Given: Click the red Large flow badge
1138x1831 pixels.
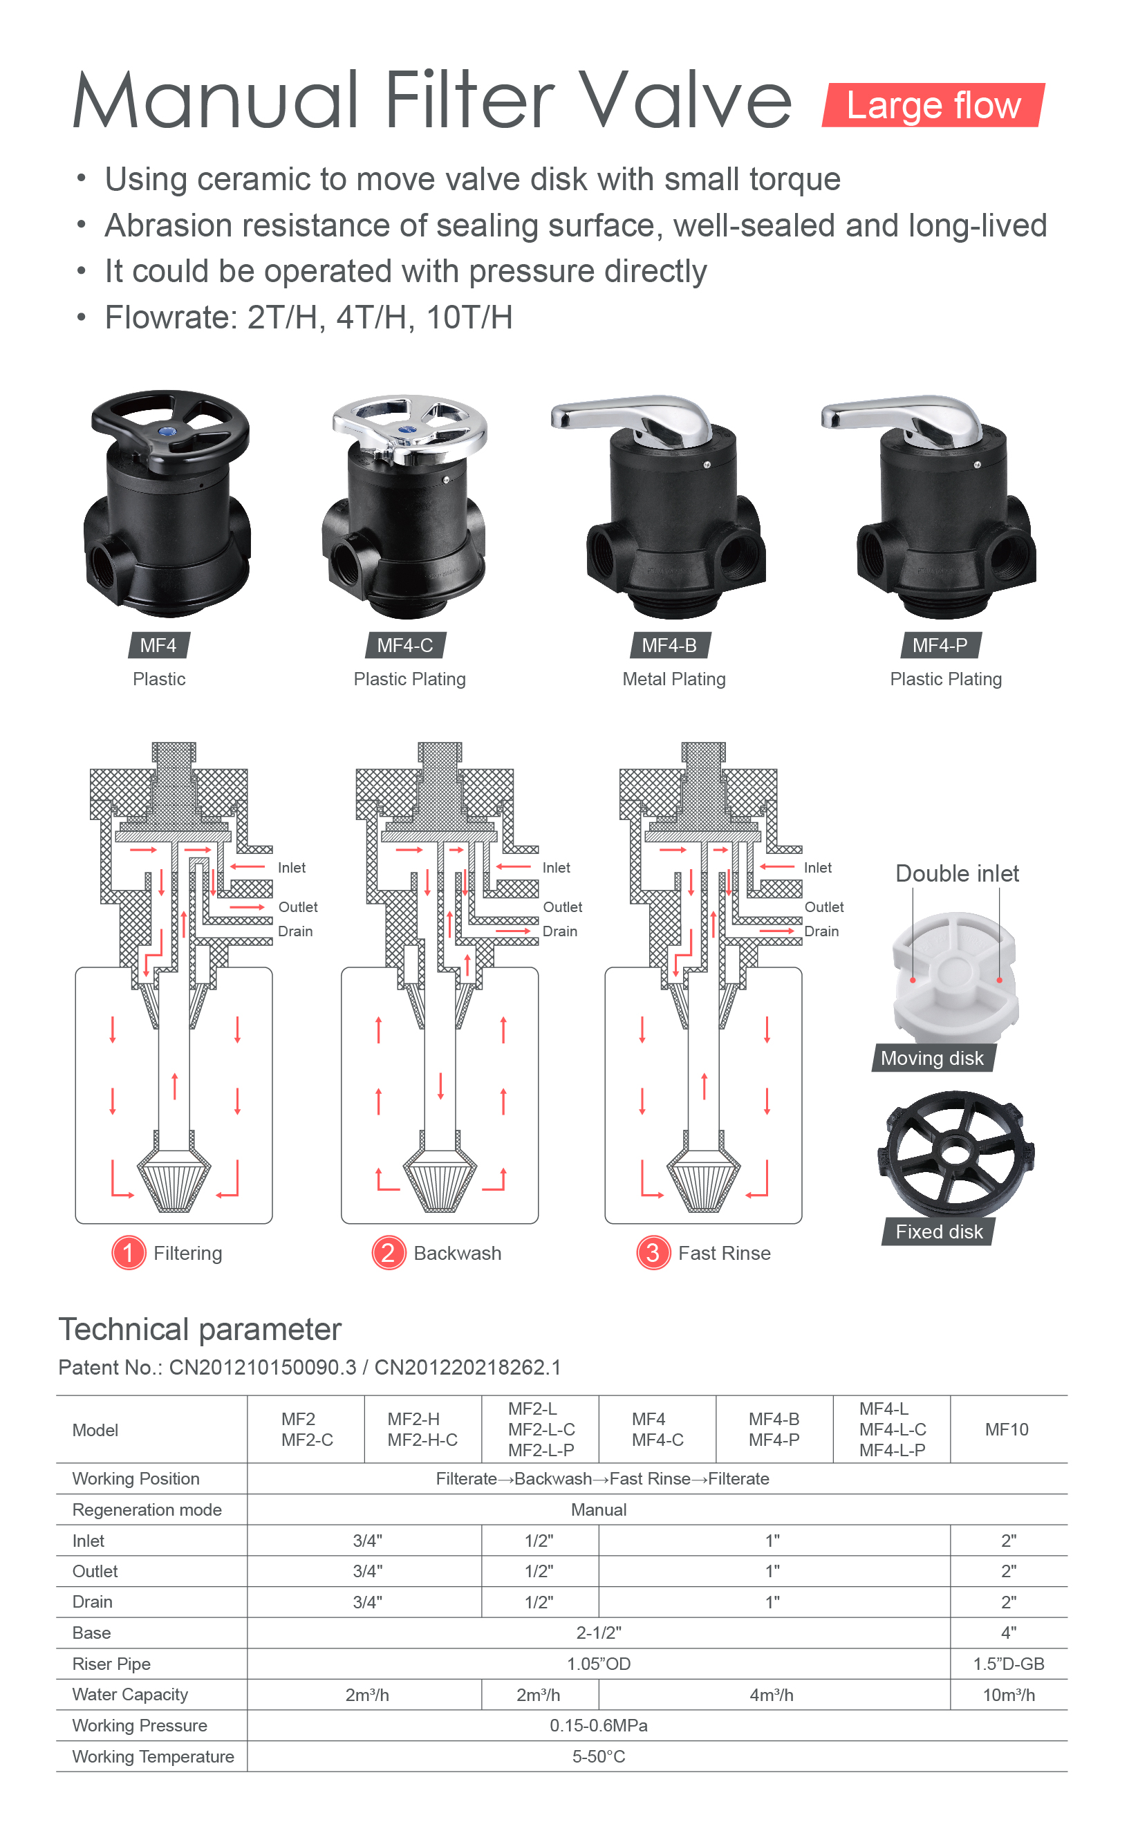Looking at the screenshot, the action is [933, 105].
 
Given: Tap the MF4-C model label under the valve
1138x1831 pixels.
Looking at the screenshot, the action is [405, 645].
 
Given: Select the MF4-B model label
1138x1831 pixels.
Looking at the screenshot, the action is [669, 645].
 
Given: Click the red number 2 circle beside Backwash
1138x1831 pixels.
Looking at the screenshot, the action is [389, 1252].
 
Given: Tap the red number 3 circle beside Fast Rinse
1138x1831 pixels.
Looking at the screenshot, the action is [653, 1252].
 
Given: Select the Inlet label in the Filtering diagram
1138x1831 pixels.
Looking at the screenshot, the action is [291, 868].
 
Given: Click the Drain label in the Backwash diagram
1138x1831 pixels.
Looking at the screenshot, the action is [560, 931].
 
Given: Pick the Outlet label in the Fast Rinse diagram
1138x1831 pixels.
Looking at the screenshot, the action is [824, 907].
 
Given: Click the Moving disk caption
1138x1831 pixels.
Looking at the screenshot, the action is [932, 1058].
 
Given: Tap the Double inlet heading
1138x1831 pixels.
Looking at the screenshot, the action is [958, 874].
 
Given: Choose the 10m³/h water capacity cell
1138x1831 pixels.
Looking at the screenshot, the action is [1009, 1695].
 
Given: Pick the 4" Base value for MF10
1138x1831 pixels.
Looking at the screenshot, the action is [1009, 1633].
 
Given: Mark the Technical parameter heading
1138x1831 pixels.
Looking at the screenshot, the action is [200, 1330].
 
